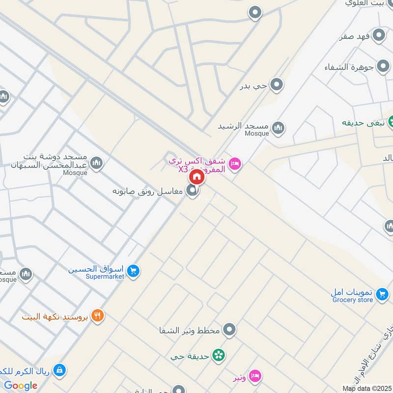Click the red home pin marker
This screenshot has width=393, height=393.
click(196, 176)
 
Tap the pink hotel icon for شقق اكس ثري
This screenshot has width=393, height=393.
click(235, 164)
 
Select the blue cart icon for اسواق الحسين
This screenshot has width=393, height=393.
click(133, 270)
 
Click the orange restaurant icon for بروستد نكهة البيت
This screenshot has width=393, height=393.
click(98, 316)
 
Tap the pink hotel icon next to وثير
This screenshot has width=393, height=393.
click(254, 376)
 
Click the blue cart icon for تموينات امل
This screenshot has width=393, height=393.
click(381, 295)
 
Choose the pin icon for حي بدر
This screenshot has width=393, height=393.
click(277, 85)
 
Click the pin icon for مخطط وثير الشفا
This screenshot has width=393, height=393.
click(228, 330)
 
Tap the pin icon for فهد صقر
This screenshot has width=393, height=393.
click(378, 35)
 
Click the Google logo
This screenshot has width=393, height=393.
click(21, 386)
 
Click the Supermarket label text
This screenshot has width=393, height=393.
click(105, 277)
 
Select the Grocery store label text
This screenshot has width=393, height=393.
click(352, 300)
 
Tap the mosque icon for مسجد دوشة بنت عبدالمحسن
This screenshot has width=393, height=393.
click(97, 163)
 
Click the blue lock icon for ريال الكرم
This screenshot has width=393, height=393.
click(59, 369)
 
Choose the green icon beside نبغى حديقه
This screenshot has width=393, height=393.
click(392, 121)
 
